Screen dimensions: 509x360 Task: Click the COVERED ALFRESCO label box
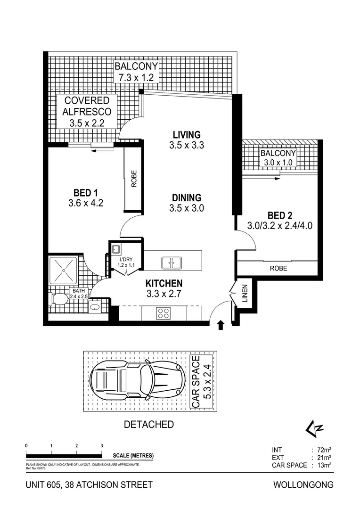pos(87,112)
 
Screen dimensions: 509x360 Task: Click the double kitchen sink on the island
pos(172,262)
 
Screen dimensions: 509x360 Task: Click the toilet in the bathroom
pos(59,299)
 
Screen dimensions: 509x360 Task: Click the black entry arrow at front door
pos(220,325)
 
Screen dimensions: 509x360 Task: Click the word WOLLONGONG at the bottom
pos(303,484)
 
